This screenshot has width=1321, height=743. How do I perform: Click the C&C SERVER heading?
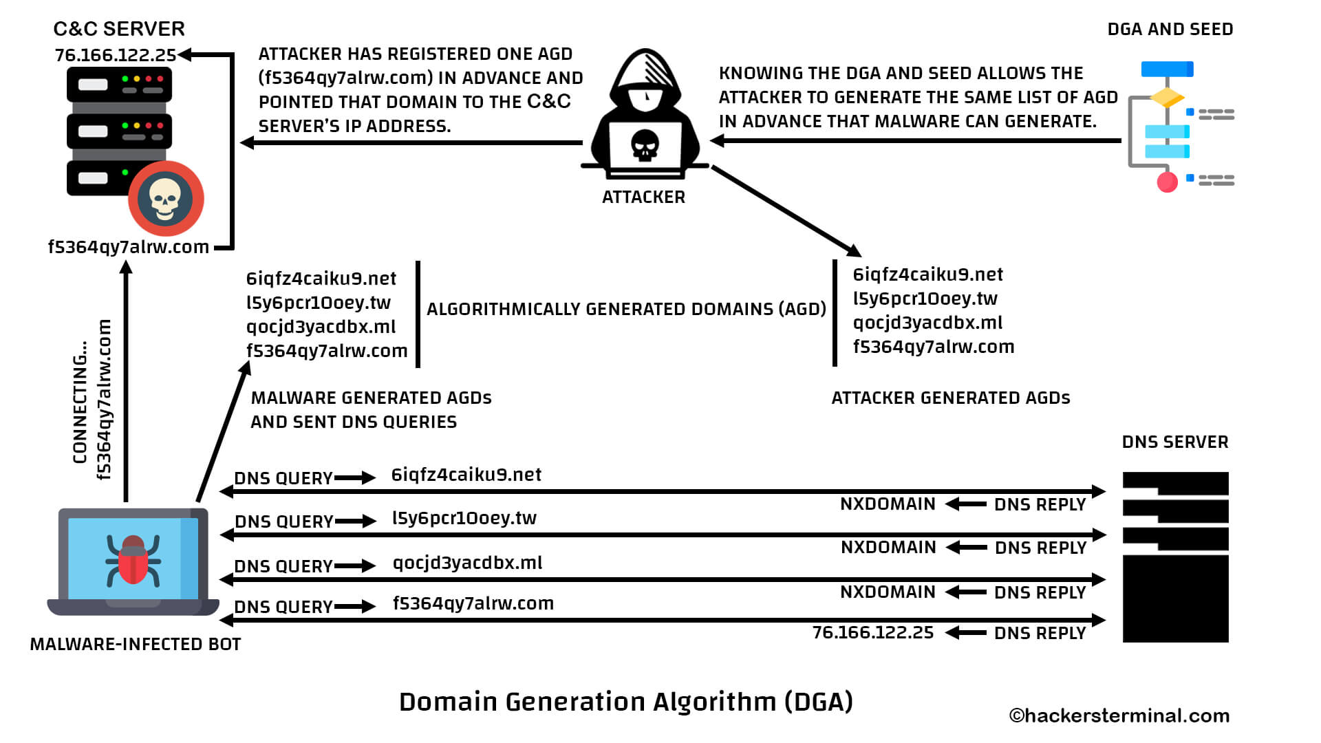pyautogui.click(x=119, y=29)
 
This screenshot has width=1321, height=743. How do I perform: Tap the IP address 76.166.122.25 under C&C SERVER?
pyautogui.click(x=115, y=55)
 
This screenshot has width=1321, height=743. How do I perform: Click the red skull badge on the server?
pyautogui.click(x=165, y=199)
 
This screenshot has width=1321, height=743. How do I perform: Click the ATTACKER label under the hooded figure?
pyautogui.click(x=643, y=197)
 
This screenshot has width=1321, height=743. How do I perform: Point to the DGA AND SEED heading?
pyautogui.click(x=1170, y=30)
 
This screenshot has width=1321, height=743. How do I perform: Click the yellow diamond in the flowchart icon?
pyautogui.click(x=1167, y=97)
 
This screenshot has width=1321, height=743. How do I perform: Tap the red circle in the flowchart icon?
pyautogui.click(x=1167, y=182)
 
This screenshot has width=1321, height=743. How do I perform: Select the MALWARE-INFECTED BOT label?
pyautogui.click(x=136, y=645)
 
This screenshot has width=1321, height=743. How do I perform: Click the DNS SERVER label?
pyautogui.click(x=1174, y=442)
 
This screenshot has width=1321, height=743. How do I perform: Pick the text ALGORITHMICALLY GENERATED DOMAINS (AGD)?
pyautogui.click(x=626, y=309)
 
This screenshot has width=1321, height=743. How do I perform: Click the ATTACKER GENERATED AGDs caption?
pyautogui.click(x=950, y=398)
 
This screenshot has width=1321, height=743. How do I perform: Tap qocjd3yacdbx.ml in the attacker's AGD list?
pyautogui.click(x=927, y=323)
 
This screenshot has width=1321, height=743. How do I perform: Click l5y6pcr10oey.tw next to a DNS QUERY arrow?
pyautogui.click(x=464, y=518)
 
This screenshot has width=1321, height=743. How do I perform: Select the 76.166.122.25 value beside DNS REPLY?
pyautogui.click(x=872, y=633)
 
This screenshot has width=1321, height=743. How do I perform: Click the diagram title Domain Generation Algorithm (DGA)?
pyautogui.click(x=626, y=702)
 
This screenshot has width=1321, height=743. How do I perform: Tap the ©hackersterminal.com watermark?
pyautogui.click(x=1119, y=716)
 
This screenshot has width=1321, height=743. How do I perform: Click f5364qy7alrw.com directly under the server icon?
pyautogui.click(x=128, y=247)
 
